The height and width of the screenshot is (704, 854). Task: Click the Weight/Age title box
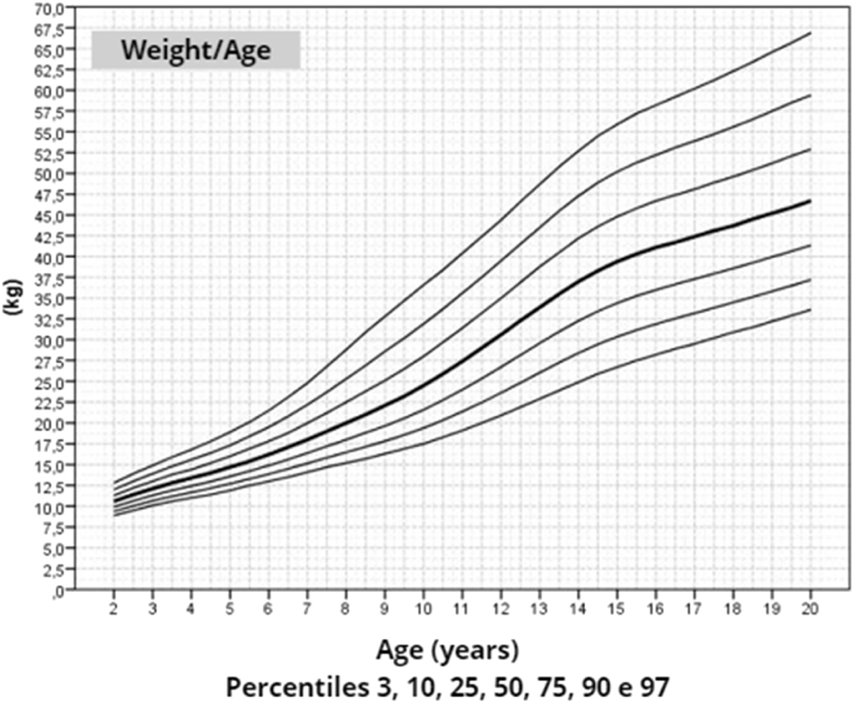coord(196,50)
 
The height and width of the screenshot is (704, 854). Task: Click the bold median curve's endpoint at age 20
coord(810,201)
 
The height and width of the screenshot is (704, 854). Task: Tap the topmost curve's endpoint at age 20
coord(810,33)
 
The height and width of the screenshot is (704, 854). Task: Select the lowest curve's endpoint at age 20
coord(810,309)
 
